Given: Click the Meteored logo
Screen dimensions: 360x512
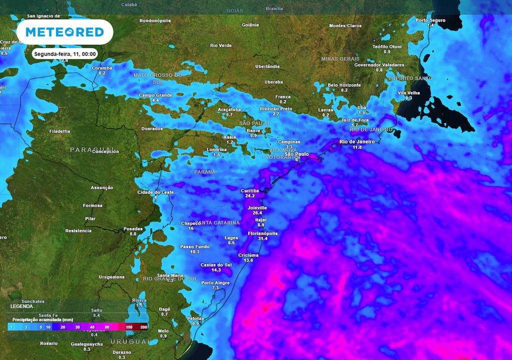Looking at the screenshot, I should pyautogui.click(x=64, y=32).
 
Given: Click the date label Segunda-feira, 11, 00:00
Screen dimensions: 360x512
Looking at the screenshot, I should pyautogui.click(x=64, y=53).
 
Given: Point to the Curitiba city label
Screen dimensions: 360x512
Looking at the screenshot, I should pyautogui.click(x=250, y=190).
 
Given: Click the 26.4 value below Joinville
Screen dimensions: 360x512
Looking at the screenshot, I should pyautogui.click(x=257, y=213).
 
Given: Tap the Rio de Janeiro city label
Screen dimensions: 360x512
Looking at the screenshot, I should pyautogui.click(x=357, y=141).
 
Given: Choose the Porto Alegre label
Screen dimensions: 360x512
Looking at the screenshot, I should pyautogui.click(x=215, y=282).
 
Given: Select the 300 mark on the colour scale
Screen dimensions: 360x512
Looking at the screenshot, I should pyautogui.click(x=143, y=326).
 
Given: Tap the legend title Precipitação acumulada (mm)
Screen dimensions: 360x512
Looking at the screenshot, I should pyautogui.click(x=43, y=319).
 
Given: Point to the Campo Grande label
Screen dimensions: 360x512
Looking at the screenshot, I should pyautogui.click(x=155, y=95).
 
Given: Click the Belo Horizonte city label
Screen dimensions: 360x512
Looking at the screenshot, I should pyautogui.click(x=344, y=85).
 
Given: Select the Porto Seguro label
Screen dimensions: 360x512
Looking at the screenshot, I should pyautogui.click(x=430, y=20).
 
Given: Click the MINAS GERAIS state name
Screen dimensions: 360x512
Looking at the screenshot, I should pyautogui.click(x=340, y=58).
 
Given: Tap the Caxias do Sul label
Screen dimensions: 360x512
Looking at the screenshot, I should pyautogui.click(x=216, y=264).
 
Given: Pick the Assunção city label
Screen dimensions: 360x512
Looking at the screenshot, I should pyautogui.click(x=102, y=187).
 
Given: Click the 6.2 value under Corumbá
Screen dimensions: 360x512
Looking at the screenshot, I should pyautogui.click(x=102, y=73).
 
